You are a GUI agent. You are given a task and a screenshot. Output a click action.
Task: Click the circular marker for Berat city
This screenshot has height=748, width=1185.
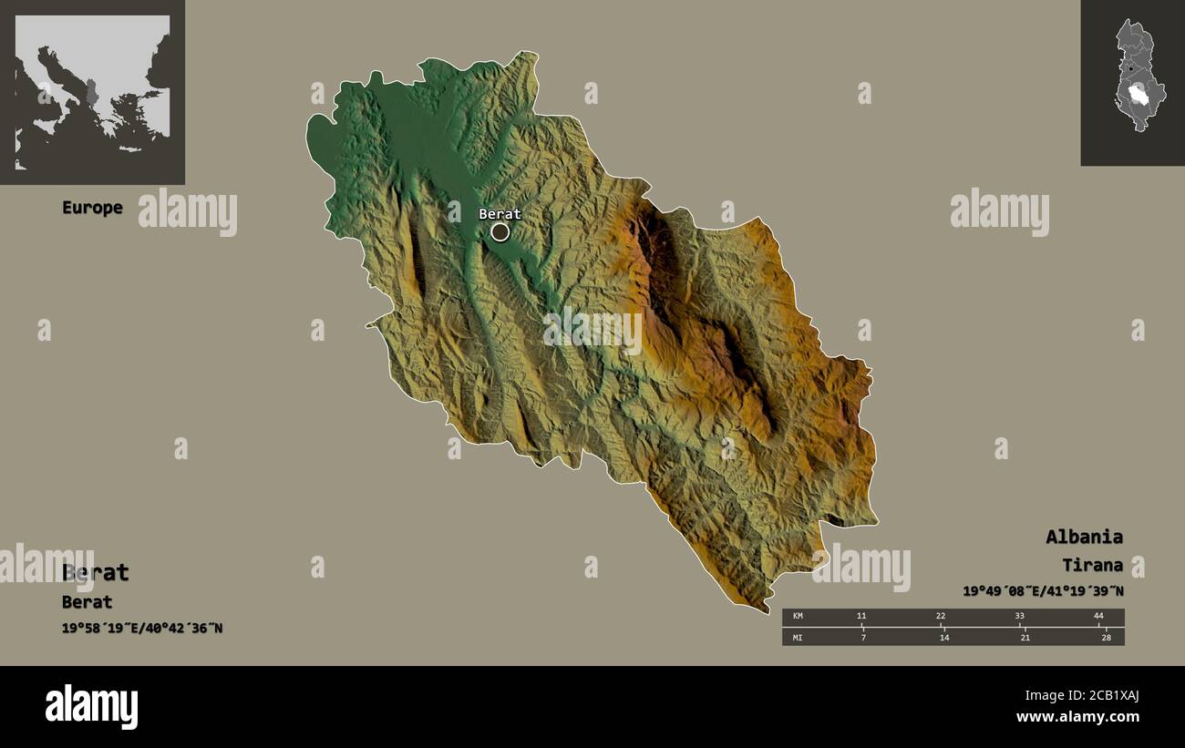(x=500, y=232)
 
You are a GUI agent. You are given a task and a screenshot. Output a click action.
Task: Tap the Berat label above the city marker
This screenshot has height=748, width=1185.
(x=500, y=214)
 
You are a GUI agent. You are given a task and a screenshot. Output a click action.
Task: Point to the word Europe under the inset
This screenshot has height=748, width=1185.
(x=92, y=208)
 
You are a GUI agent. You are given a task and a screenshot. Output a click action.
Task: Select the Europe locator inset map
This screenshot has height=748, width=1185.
(x=92, y=92)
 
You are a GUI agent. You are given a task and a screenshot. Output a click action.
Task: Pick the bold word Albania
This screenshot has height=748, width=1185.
(x=1084, y=537)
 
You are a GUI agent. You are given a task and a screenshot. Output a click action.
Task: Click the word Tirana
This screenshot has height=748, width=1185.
(x=1092, y=565)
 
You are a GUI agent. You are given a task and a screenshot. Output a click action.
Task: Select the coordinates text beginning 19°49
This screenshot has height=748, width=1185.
(x=1043, y=591)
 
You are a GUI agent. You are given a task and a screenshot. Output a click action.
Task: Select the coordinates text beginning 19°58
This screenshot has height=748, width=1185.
(x=142, y=629)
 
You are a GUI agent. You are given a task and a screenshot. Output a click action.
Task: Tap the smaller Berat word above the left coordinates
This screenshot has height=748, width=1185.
(x=88, y=602)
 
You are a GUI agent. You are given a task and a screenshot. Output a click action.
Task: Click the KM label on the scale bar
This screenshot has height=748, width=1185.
(x=799, y=617)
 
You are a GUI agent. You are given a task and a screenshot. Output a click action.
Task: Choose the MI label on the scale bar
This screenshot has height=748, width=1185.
(x=799, y=638)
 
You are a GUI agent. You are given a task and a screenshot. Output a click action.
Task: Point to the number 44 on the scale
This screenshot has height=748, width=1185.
(x=1098, y=617)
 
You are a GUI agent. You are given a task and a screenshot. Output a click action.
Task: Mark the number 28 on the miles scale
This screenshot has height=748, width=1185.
(x=1106, y=638)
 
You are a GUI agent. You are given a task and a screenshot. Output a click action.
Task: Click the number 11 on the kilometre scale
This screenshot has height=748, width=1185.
(x=861, y=617)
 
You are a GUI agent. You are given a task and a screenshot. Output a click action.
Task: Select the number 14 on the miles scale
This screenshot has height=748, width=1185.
(x=943, y=638)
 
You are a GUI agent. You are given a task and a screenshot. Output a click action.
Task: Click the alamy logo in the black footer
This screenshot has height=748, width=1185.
(x=92, y=707)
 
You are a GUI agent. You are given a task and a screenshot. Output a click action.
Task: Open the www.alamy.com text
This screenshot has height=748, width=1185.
(x=1077, y=717)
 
